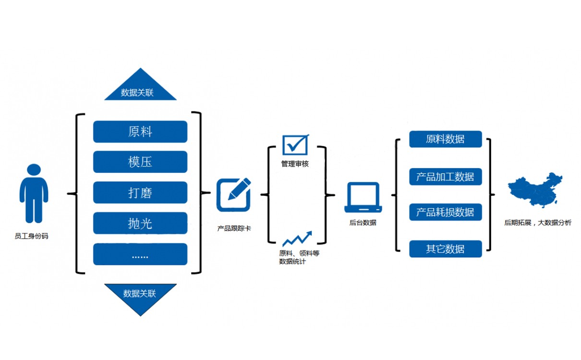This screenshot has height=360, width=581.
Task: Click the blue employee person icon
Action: [x=34, y=193]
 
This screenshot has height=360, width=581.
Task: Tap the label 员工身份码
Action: [x=32, y=236]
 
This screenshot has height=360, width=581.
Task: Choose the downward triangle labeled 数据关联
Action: [x=140, y=296]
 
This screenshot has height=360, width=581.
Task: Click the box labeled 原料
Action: [x=140, y=132]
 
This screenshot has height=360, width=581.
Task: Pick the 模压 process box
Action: [x=140, y=162]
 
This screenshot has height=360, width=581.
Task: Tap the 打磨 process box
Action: [x=140, y=192]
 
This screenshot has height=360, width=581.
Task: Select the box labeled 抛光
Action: [x=140, y=223]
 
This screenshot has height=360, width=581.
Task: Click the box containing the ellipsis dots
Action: [x=140, y=254]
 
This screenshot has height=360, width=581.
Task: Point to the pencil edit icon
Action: [x=234, y=194]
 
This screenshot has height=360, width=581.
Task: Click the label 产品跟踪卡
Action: [x=234, y=228]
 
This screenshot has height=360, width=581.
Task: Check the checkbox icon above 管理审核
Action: [x=295, y=144]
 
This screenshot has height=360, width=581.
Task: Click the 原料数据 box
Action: [x=445, y=139]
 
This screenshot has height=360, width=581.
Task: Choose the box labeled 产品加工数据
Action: [x=445, y=177]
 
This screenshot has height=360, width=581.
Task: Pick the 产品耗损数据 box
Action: [x=445, y=212]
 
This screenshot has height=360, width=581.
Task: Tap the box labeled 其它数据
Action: [x=445, y=249]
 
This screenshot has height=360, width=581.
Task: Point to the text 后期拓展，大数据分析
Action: [x=538, y=223]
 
